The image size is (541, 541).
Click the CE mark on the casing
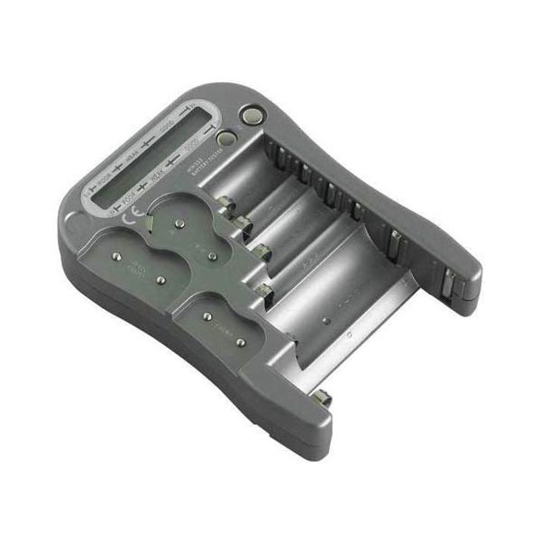133,218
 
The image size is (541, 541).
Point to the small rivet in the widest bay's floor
326,319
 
